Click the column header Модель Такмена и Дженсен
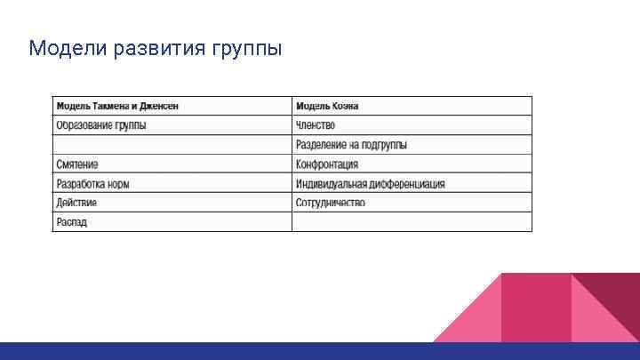(117, 106)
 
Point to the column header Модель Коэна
(327, 106)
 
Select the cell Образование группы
(101, 125)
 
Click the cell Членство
(316, 125)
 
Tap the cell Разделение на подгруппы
(351, 145)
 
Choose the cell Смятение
(77, 164)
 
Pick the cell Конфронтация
(327, 164)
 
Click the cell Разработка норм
(92, 184)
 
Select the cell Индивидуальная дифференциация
(370, 184)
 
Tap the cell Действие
(76, 203)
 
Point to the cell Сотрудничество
(330, 203)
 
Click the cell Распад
(72, 222)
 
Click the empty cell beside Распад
(412, 222)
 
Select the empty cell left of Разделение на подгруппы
(172, 145)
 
